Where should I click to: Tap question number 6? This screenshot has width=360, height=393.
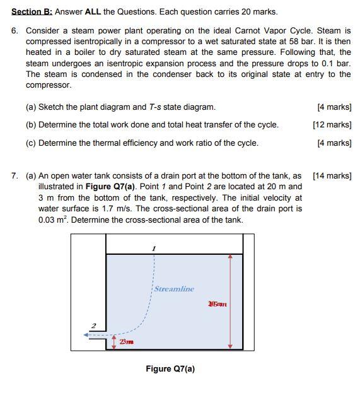click(15, 30)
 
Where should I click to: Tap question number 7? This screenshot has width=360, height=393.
click(15, 176)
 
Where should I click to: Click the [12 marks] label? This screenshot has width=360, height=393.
click(332, 125)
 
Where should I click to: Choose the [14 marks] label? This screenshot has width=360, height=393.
click(332, 176)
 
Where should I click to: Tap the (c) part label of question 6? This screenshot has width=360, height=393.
click(31, 143)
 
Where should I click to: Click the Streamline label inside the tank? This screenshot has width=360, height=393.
click(174, 289)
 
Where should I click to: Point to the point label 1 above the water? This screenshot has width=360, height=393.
click(153, 249)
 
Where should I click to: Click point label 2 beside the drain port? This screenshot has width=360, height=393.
click(93, 326)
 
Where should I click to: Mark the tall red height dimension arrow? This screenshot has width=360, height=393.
click(231, 302)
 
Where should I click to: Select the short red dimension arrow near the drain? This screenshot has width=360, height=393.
click(114, 341)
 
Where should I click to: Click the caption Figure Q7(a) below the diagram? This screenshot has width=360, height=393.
click(170, 369)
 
